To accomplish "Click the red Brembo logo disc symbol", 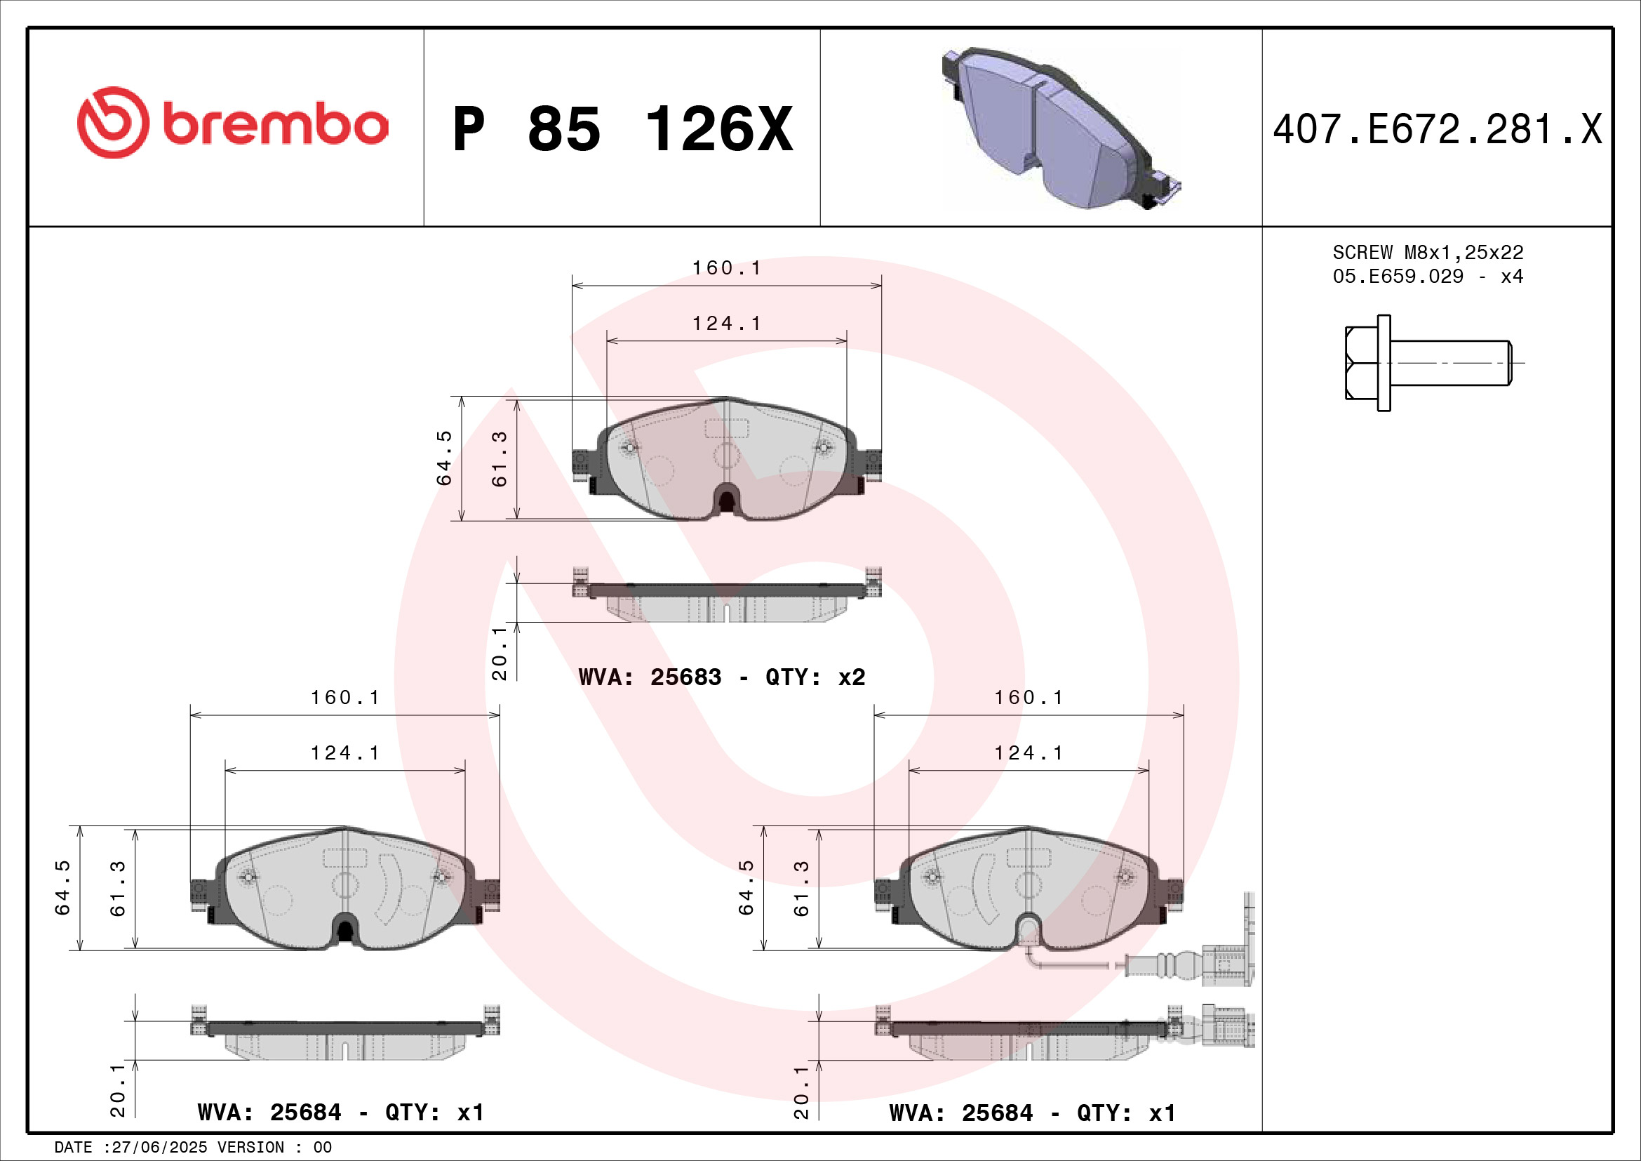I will [x=113, y=122].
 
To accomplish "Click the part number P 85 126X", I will [x=622, y=129].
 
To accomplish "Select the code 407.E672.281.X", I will [x=1437, y=129].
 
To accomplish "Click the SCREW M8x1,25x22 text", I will [x=1427, y=253].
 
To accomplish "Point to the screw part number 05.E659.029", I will [x=1398, y=277].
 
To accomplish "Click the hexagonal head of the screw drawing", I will [x=1360, y=363].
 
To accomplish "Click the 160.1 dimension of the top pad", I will [x=726, y=268].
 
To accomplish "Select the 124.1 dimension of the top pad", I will [x=726, y=324].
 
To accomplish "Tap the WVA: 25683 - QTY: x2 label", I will [x=721, y=677].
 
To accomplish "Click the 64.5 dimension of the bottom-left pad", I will [x=63, y=887].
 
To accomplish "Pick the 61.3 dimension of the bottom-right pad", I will [x=802, y=887].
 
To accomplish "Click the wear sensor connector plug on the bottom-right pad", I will [x=1228, y=965].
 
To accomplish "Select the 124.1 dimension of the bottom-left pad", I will [x=344, y=752].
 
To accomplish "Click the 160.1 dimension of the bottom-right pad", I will [x=1029, y=698].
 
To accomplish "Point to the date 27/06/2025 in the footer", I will [x=159, y=1148].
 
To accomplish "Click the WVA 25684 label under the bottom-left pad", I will [x=340, y=1113].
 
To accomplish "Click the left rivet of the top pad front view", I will [x=629, y=449].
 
